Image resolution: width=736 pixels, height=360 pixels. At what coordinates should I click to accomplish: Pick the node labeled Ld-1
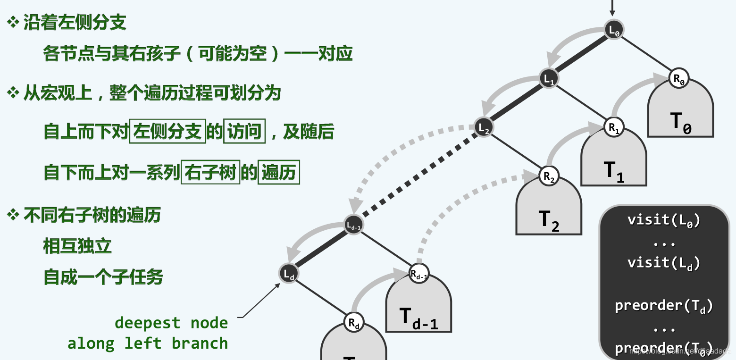coord(354,226)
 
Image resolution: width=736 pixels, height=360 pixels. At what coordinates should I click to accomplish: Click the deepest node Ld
coord(289,273)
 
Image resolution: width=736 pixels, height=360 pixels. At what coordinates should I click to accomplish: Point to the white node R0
coord(679,79)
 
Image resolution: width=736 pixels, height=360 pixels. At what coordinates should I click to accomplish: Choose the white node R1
coord(614,127)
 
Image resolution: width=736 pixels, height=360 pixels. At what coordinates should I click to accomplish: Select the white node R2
coord(549,176)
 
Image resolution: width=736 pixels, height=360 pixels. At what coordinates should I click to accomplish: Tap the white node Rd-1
coord(419,274)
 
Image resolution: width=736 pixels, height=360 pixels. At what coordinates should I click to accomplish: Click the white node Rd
coord(354,323)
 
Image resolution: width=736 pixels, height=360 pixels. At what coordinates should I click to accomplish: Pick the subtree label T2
coord(549,220)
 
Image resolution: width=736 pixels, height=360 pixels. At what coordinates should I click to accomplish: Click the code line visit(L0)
coord(664,220)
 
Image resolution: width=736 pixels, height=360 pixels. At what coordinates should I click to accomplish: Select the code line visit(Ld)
coord(664,263)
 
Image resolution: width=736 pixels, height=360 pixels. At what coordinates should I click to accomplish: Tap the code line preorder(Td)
coord(664,306)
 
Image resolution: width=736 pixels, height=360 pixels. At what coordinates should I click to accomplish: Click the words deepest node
coord(171,323)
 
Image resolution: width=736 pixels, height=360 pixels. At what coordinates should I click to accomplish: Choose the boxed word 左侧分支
coord(167,132)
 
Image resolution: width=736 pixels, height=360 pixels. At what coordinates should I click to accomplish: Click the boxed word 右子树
coord(210,173)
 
